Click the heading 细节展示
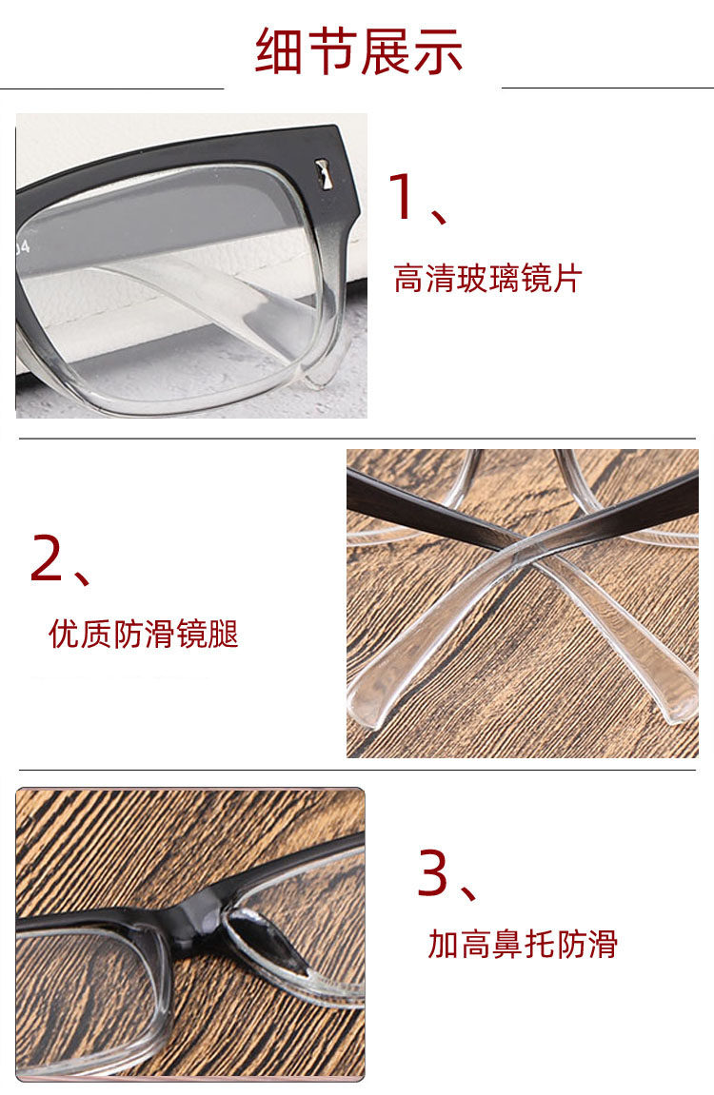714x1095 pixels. coord(358,51)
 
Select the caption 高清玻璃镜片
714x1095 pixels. coord(487,278)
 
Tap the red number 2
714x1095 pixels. coord(46,557)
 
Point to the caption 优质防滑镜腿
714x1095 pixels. coord(143,634)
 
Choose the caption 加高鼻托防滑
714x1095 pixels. coord(523,944)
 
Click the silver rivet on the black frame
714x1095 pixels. coord(325,175)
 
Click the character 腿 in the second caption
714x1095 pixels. coord(223,634)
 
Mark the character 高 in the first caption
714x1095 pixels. coord(409,278)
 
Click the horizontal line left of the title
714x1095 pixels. coord(111,88)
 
